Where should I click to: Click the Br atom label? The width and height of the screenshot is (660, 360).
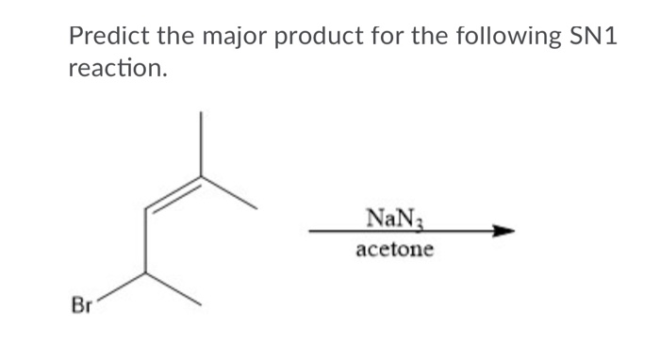click(x=82, y=305)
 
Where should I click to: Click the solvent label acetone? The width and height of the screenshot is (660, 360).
click(x=395, y=251)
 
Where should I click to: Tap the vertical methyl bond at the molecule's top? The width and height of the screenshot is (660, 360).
click(x=200, y=143)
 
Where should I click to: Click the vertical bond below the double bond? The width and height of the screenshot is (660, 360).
click(x=144, y=241)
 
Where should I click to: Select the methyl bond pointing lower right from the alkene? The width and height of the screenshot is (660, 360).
click(x=228, y=191)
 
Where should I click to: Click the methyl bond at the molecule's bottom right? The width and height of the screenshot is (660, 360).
click(x=173, y=289)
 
